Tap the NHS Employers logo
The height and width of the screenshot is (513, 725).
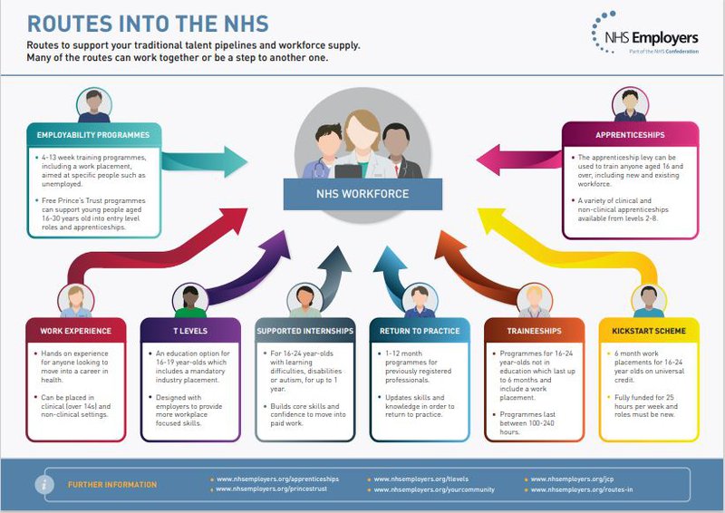646,36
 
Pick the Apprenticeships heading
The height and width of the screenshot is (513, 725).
631,134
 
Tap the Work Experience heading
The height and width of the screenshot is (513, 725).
76,330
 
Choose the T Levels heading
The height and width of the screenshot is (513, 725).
191,330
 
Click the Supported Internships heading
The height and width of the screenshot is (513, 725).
305,330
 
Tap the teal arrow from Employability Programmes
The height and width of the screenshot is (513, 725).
205,163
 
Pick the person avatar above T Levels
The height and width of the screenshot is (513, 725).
191,300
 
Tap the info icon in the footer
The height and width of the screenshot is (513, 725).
43,484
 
